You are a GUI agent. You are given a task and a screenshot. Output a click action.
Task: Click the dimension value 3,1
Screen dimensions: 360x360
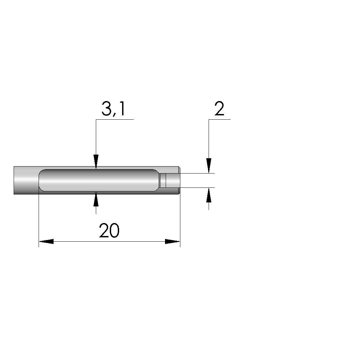pos(113,109)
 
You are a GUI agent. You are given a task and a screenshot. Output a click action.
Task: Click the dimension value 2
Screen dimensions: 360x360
pos(219,108)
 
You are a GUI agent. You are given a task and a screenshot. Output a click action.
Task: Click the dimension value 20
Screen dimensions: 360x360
pos(109,230)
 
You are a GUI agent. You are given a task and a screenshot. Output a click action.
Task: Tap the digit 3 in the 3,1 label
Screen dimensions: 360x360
pos(106,109)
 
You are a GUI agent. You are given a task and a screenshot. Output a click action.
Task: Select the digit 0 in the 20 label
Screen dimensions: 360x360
pos(115,230)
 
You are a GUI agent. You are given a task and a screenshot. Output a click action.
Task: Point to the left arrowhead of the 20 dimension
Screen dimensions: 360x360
pos(46,242)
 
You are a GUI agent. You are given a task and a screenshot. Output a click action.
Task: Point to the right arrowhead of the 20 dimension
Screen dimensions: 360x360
pos(173,242)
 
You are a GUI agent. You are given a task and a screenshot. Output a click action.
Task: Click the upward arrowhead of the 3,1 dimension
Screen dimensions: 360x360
pos(96,198)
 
